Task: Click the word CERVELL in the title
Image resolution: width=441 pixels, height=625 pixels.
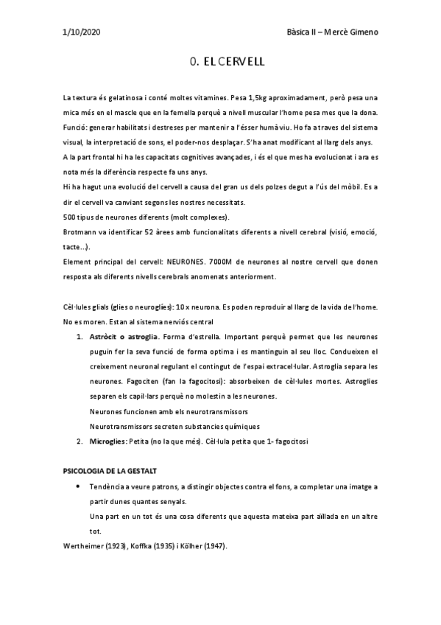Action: [239, 64]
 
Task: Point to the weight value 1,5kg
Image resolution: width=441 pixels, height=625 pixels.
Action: [260, 98]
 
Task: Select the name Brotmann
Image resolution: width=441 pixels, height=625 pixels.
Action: [81, 232]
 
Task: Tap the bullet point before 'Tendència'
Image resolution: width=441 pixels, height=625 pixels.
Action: [79, 486]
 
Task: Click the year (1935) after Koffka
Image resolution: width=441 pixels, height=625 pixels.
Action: [166, 546]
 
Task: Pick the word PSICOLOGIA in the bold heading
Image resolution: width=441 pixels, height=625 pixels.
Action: [86, 470]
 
